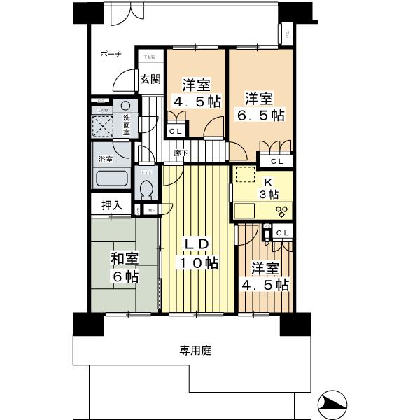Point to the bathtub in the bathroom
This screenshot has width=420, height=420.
pos(110,178)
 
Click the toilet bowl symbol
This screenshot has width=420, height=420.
pos(147,189)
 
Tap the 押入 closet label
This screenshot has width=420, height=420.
pos(112,206)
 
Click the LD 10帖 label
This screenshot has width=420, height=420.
pos(197,254)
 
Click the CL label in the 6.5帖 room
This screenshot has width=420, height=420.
pos(277,162)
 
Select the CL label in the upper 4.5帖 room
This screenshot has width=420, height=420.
pos(176,131)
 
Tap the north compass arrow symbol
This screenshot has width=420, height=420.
pos(332,404)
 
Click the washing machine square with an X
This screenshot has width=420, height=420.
pos(106,128)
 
